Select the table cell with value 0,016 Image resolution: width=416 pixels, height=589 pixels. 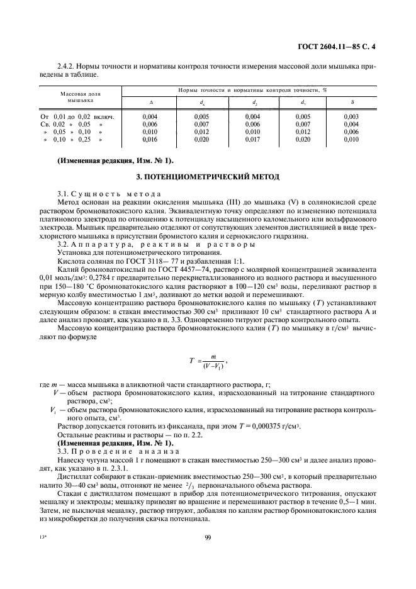pyautogui.click(x=150, y=140)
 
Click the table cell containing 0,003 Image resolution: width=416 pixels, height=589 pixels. pyautogui.click(x=351, y=116)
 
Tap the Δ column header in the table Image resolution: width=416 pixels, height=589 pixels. pyautogui.click(x=150, y=102)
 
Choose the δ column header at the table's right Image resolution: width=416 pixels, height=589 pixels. pyautogui.click(x=351, y=102)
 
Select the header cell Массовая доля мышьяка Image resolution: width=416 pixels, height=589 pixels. pyautogui.click(x=81, y=96)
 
